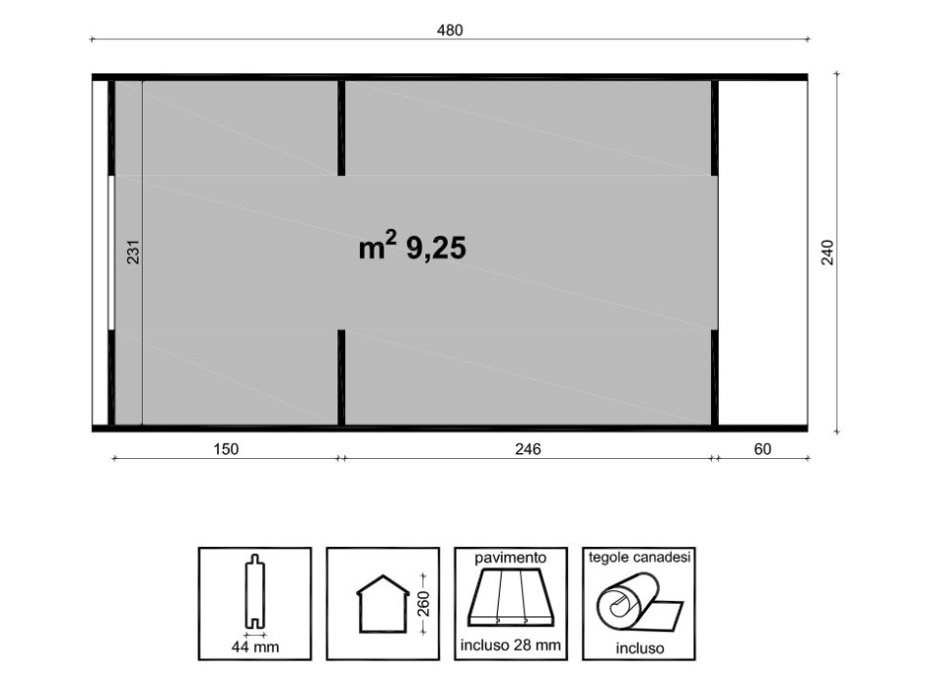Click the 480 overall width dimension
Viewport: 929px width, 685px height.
(x=449, y=30)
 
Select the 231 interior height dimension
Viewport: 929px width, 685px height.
(x=135, y=253)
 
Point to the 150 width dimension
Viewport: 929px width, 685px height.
(x=226, y=450)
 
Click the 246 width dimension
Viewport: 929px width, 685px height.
(x=528, y=450)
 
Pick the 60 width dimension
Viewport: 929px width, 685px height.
(x=763, y=450)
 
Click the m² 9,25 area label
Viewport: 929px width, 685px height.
(x=412, y=249)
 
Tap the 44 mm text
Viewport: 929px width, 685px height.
(x=254, y=647)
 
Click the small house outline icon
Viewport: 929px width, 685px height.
(x=382, y=605)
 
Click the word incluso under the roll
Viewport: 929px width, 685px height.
(x=640, y=648)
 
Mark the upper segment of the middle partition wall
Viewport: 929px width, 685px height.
(x=341, y=127)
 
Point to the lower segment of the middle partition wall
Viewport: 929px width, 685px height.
(x=341, y=377)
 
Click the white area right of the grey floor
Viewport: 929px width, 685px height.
(x=763, y=252)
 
